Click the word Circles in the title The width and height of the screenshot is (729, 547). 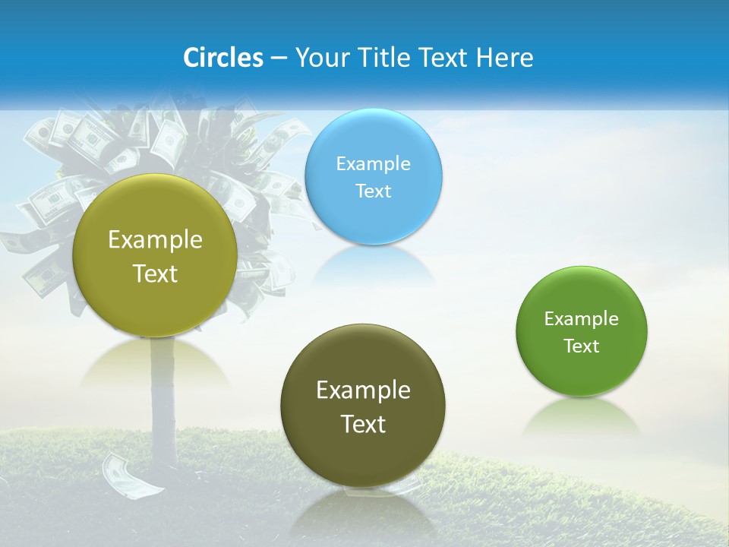[x=223, y=58]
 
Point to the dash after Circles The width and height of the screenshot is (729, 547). [x=279, y=58]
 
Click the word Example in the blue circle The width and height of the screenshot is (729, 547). [x=374, y=164]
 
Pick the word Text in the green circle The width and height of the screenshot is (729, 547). [x=582, y=346]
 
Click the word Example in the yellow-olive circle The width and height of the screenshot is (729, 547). [x=155, y=240]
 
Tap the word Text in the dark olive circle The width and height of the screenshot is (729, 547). [x=363, y=424]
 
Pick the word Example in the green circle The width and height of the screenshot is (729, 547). [x=582, y=319]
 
